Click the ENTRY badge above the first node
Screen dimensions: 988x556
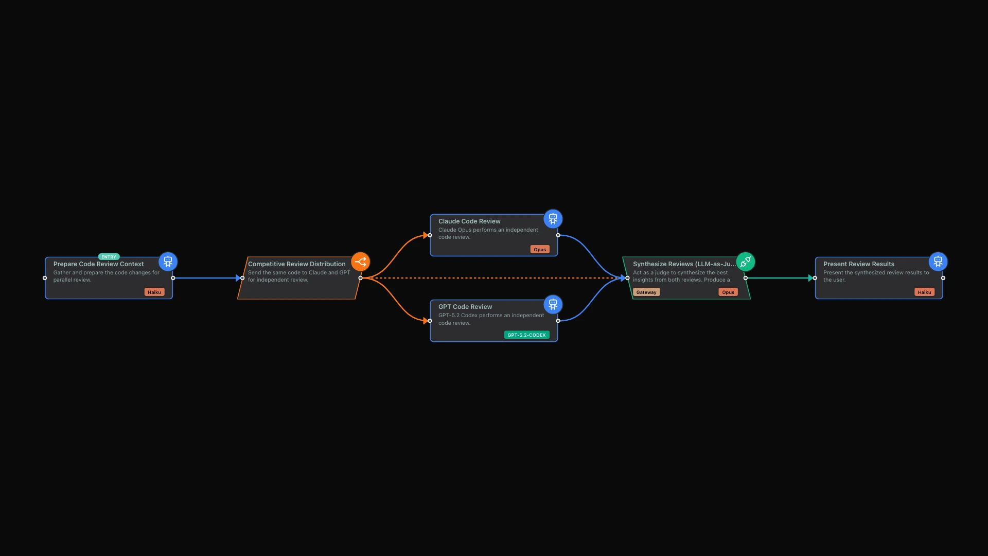(x=109, y=257)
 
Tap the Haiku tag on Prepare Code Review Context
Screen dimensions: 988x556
(x=154, y=292)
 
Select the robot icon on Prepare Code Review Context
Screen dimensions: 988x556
(x=168, y=262)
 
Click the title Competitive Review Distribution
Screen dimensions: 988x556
(x=297, y=264)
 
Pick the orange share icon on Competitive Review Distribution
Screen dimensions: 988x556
(x=361, y=262)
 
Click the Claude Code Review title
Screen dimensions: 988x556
(x=469, y=221)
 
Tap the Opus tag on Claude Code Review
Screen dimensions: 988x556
(x=540, y=249)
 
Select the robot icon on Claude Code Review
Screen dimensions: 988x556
(x=553, y=219)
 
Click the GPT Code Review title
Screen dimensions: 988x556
(x=465, y=307)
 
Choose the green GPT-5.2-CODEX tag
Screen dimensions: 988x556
(x=527, y=335)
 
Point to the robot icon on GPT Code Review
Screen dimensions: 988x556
(x=553, y=304)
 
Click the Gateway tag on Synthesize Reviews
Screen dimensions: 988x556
(x=646, y=292)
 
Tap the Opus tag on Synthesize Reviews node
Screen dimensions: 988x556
(x=728, y=292)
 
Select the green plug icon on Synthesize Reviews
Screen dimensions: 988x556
(x=746, y=262)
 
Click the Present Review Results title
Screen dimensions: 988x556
(x=859, y=264)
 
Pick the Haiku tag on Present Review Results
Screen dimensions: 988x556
(x=925, y=292)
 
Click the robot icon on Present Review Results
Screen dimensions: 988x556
(x=938, y=262)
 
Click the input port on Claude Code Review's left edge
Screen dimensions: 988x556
(x=430, y=235)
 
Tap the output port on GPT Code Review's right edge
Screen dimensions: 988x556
(x=558, y=321)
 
